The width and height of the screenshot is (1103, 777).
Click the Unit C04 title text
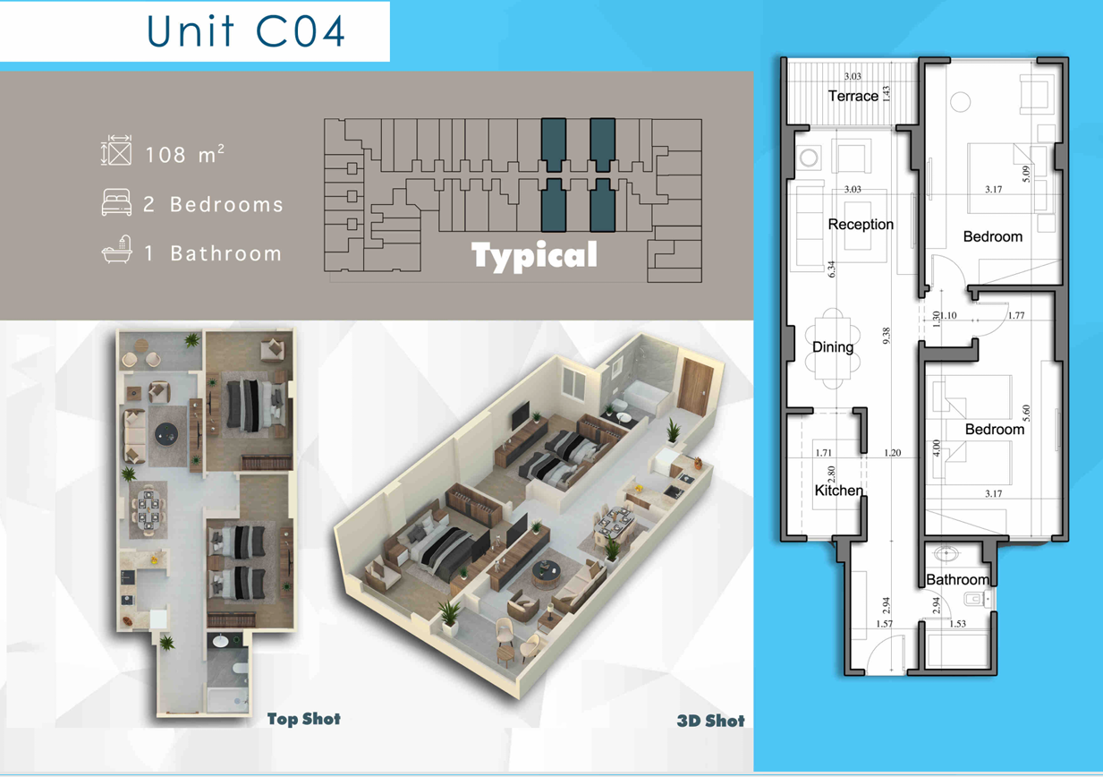pos(246,31)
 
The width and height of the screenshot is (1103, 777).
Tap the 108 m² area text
pos(184,154)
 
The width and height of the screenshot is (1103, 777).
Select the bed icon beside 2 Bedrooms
pos(116,202)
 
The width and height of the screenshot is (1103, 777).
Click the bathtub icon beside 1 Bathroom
pos(117,250)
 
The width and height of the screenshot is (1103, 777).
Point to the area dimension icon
pos(116,149)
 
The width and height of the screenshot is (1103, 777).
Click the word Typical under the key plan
pos(534,256)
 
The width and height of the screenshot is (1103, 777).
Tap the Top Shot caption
pos(304,719)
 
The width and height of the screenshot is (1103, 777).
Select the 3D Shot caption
pos(710,721)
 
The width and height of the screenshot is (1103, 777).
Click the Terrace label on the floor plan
pos(853,96)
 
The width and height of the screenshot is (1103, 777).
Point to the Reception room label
pos(861,224)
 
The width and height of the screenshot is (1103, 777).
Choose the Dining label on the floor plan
pos(833,346)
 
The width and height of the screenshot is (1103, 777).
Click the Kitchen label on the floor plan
pos(838,491)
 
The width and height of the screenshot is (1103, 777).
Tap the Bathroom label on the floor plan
pos(957,579)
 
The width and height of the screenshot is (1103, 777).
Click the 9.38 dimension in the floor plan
pos(886,336)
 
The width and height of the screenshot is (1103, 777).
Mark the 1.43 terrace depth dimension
pos(886,94)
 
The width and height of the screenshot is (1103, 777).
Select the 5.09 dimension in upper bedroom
pos(1026,174)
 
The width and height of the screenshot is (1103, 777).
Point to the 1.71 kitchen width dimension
pos(823,452)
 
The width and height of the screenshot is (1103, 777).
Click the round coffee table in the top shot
pos(166,434)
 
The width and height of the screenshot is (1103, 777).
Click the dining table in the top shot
pos(148,510)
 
